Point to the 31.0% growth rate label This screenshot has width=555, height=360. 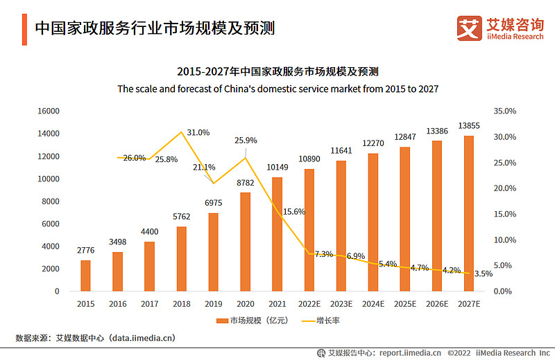point(198,132)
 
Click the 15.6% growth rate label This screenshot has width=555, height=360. point(294,211)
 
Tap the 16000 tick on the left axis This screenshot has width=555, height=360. point(47,111)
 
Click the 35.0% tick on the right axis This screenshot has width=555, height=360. point(505,111)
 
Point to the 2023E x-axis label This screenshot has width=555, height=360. point(341,303)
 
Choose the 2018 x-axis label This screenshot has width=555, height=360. point(181,303)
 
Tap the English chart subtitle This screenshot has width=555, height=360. point(277,89)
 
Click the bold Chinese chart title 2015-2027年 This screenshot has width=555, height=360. point(277,71)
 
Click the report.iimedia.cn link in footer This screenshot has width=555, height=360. point(401,352)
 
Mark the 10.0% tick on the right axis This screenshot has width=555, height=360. point(505,240)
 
